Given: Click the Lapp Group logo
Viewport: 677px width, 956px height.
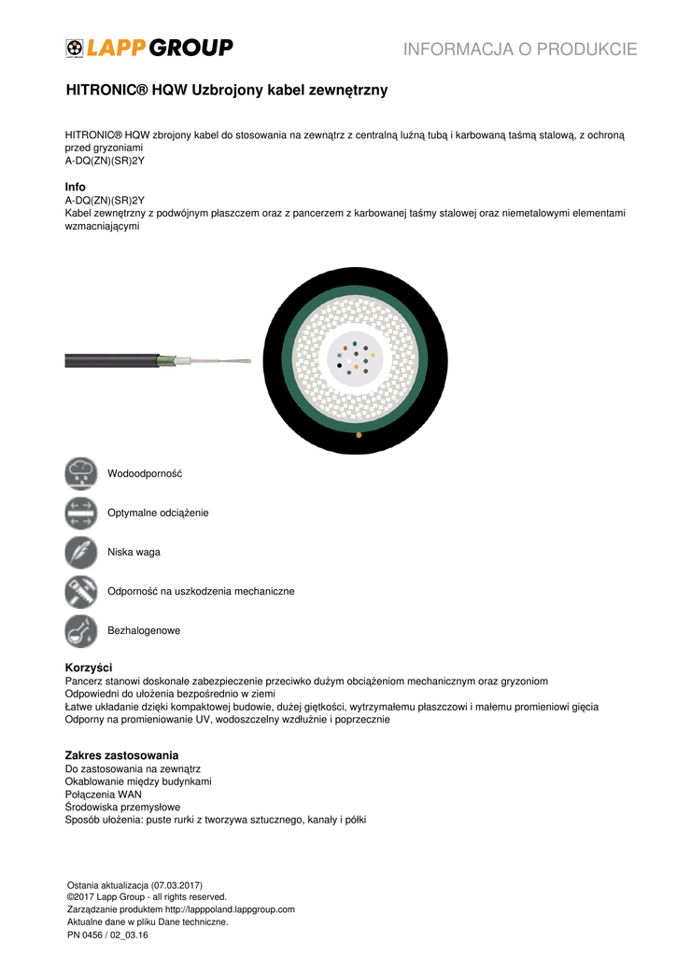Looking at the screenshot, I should click(x=148, y=48).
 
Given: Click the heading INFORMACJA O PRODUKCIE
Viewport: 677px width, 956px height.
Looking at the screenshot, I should click(x=520, y=49).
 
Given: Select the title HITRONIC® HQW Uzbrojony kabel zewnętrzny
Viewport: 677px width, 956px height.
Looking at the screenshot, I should click(x=226, y=91).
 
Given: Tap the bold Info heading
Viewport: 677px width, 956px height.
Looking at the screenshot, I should click(x=75, y=188).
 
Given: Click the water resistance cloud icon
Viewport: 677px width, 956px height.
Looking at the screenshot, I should click(x=81, y=473).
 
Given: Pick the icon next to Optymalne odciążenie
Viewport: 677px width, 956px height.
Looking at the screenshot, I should click(x=81, y=513).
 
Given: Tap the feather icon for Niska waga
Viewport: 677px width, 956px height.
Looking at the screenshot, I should click(x=81, y=552).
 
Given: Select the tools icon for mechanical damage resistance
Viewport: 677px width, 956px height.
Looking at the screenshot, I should click(x=81, y=591).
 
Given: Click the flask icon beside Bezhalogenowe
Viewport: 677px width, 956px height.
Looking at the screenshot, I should click(x=81, y=630).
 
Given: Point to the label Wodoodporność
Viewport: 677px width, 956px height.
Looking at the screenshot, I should click(x=145, y=473).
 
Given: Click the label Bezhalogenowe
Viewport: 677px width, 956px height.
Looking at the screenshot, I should click(x=144, y=630).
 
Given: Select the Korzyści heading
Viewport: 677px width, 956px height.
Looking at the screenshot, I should click(x=89, y=668).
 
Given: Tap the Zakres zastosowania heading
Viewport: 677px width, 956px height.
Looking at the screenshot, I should click(x=121, y=754).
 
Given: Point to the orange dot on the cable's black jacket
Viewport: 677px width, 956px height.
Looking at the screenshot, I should click(x=359, y=434).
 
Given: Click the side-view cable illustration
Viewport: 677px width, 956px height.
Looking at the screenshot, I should click(x=159, y=359).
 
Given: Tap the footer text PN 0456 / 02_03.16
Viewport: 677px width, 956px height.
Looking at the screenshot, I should click(x=108, y=934).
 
